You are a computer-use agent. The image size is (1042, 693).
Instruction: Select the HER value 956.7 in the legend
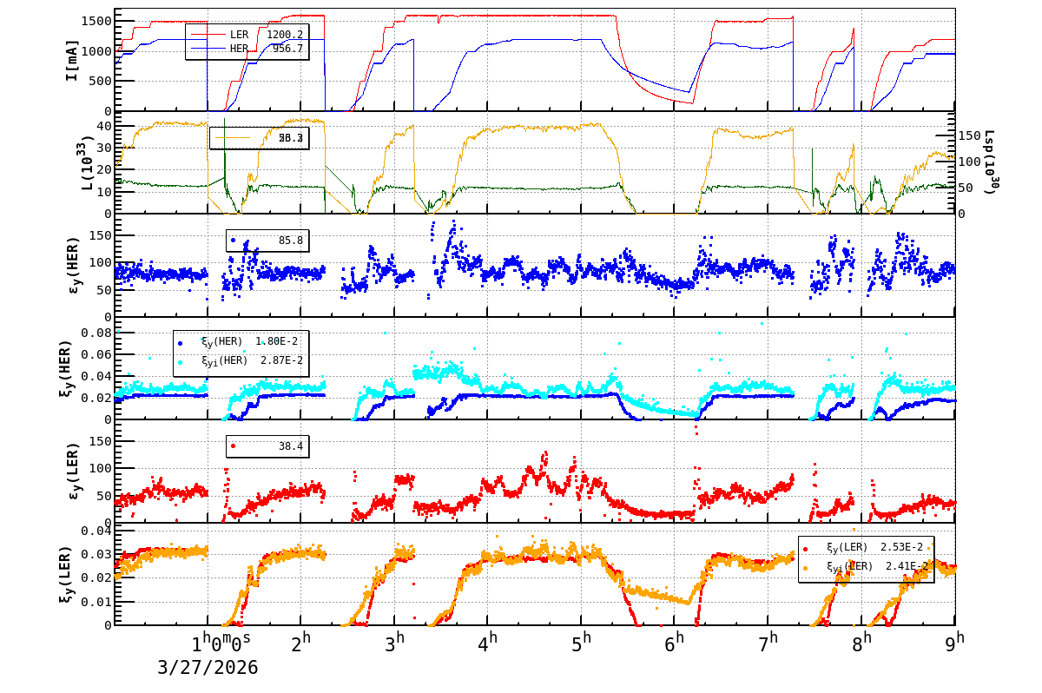[287, 49]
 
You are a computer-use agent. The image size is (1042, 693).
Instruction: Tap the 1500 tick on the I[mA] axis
[96, 21]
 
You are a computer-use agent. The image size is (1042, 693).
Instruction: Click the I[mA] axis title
[72, 60]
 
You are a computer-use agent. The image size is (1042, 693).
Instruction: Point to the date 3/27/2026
[208, 667]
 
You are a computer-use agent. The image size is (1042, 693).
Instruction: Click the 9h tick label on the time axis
[955, 643]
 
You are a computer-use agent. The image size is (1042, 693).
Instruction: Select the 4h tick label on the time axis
[488, 643]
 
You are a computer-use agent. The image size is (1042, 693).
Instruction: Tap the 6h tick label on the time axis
[675, 643]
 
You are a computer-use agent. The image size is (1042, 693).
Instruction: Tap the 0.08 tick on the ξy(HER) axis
[96, 333]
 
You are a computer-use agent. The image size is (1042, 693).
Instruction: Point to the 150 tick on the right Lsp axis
[971, 135]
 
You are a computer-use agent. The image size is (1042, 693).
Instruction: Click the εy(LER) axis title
[72, 471]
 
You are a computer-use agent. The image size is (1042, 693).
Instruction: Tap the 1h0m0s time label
[221, 643]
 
